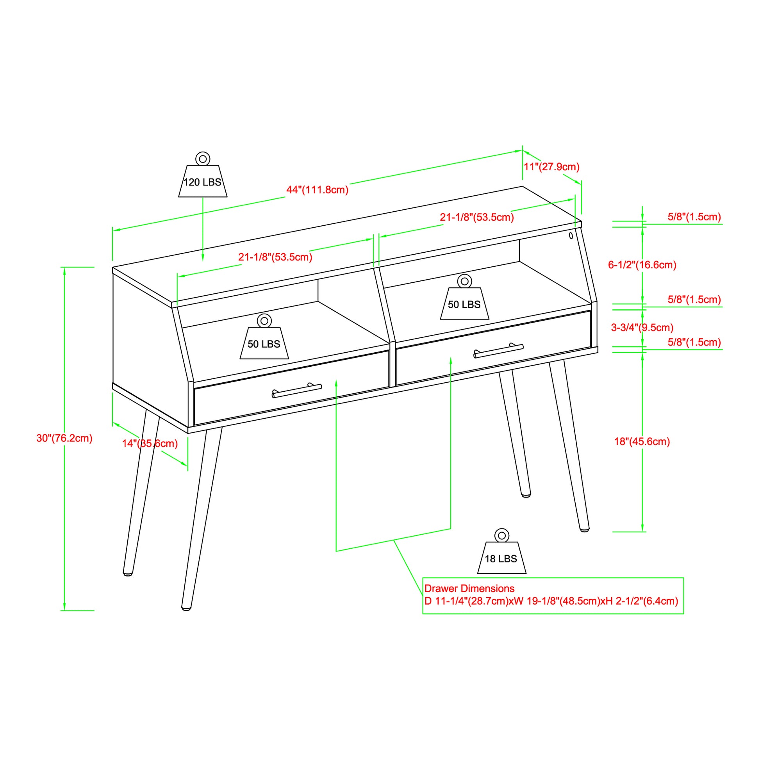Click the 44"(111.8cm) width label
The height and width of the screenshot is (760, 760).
pos(317,190)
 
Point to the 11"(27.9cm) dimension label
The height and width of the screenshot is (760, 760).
pos(551,167)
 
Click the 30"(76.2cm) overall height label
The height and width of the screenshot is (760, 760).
pos(64,438)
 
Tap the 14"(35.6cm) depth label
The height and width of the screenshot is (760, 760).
pos(150,444)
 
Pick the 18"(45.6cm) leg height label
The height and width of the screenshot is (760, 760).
pos(642,442)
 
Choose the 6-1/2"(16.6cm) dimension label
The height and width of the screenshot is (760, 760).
pos(642,265)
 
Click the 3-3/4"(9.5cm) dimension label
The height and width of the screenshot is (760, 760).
pos(642,327)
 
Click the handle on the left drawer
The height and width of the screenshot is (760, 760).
pos(297,391)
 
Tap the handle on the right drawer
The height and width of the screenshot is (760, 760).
pos(498,351)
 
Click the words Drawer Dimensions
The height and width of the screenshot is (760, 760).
pos(469,589)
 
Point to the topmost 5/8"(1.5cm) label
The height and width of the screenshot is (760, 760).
pos(694,217)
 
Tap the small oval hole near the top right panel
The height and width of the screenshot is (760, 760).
pos(571,235)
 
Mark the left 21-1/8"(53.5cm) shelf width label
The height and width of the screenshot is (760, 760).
pos(275,257)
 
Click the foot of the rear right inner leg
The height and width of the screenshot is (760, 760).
pos(526,495)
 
